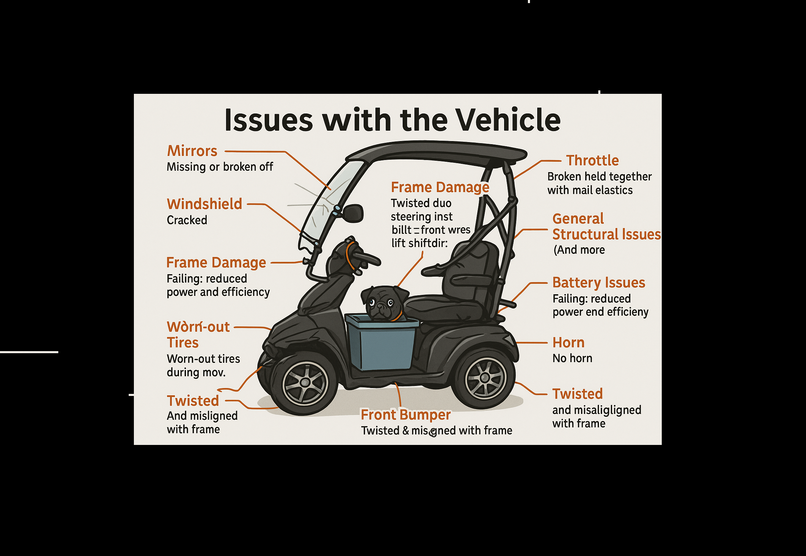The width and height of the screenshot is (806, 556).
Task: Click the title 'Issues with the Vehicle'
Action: pos(392,120)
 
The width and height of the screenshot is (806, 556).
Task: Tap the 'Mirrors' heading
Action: pos(192,151)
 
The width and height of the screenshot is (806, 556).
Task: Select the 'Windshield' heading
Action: pos(204,204)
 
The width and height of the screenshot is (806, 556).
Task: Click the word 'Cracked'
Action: pos(187,220)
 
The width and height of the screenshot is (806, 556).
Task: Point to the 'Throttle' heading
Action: pos(592,161)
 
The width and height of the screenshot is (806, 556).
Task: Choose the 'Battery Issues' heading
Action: pos(599,282)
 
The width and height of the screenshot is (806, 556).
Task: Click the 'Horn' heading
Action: pos(568,343)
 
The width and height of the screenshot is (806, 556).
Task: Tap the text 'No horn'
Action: pos(572,358)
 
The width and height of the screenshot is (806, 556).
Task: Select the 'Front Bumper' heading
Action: pos(406,415)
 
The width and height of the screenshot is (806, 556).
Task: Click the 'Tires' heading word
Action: pos(183,343)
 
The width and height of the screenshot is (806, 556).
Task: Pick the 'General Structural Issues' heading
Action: pos(606,227)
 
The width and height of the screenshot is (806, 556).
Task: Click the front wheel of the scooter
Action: pos(305,383)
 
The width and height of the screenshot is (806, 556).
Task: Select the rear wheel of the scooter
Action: pos(485,378)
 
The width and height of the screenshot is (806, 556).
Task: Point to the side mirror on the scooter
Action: pos(353,213)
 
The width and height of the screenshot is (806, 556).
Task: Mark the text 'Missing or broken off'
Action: pos(219,167)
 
